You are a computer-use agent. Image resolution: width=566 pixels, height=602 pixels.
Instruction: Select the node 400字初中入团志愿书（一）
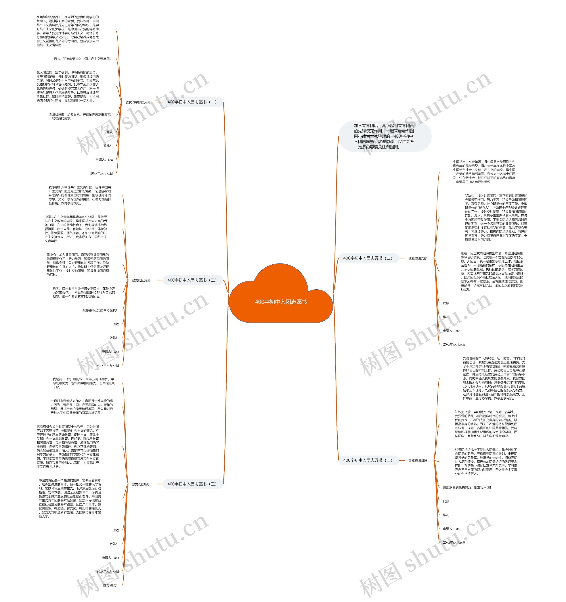tap(192, 102)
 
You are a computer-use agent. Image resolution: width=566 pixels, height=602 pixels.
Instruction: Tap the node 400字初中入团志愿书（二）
tap(368, 258)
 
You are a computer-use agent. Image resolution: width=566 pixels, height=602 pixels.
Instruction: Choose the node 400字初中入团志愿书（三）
tap(192, 280)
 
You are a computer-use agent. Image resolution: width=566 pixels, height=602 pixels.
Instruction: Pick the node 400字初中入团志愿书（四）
tap(368, 460)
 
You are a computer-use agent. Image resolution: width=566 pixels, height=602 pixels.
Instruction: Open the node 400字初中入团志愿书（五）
tap(192, 484)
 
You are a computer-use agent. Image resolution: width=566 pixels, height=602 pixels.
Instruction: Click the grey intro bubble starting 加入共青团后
tap(384, 136)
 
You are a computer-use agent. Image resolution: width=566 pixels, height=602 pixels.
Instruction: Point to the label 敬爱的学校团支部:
tap(139, 102)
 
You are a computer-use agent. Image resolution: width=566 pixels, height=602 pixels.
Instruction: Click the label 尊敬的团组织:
tap(418, 460)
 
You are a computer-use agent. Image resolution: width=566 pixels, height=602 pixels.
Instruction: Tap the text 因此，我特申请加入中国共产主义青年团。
tap(82, 59)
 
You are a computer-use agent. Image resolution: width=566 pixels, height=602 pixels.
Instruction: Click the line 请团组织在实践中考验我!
tap(99, 310)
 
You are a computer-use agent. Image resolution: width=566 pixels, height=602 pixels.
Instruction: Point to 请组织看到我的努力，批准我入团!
tap(467, 488)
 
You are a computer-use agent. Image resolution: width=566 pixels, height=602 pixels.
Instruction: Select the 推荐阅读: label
tap(110, 585)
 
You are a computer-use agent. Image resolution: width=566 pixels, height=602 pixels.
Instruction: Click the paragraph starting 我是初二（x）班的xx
tap(84, 383)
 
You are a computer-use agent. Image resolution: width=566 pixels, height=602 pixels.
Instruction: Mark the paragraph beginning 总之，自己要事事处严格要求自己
tap(84, 292)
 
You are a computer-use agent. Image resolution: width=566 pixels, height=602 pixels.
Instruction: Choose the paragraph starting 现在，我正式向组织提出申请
tap(492, 271)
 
